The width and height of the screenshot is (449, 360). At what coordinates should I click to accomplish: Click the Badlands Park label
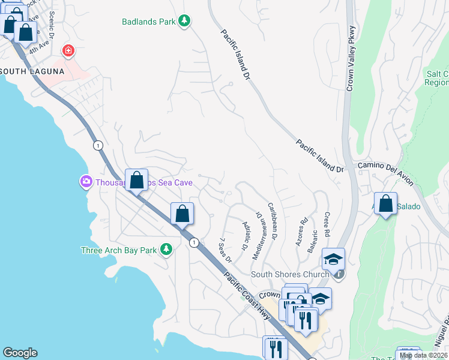pos(148,22)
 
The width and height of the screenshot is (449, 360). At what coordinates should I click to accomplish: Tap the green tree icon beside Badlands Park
pos(185,22)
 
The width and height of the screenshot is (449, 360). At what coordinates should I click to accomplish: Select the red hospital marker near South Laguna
pos(68,51)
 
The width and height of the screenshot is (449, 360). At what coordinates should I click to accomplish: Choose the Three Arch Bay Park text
pos(119,250)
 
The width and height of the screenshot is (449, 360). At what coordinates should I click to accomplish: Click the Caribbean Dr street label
pos(272,221)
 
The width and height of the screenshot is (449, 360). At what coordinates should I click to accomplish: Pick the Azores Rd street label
pos(301,230)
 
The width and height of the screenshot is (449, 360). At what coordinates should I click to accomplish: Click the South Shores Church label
pos(289,275)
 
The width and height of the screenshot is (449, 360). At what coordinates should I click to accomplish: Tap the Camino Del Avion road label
pos(386,166)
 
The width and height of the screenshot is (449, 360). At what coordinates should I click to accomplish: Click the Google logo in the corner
pos(20,353)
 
